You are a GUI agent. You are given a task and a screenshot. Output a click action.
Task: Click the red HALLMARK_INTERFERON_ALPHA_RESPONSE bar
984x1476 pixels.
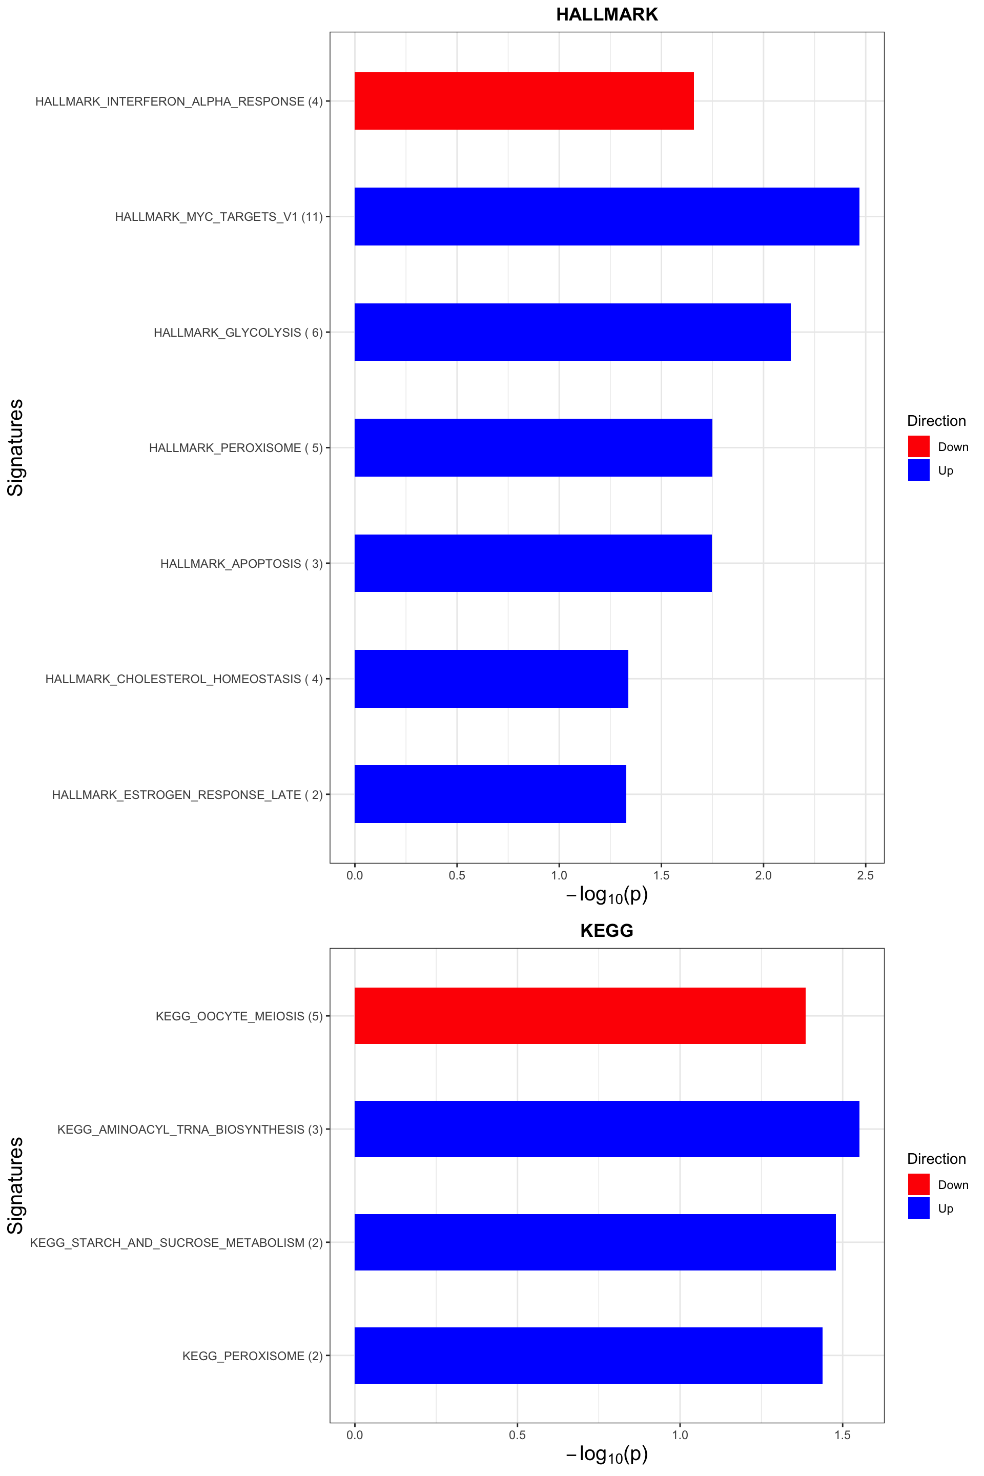524,101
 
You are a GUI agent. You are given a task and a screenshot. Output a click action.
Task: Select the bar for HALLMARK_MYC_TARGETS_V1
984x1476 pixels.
606,216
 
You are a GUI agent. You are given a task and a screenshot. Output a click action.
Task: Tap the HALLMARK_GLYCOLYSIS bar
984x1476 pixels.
572,332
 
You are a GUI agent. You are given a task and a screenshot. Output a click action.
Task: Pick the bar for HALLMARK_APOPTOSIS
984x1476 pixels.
533,563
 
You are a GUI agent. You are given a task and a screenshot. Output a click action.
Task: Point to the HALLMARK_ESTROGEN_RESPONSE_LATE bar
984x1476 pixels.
490,794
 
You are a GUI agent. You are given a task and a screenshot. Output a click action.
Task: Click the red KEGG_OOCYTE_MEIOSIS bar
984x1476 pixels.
580,1016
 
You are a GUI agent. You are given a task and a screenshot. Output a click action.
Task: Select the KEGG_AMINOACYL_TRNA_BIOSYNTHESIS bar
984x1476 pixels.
606,1129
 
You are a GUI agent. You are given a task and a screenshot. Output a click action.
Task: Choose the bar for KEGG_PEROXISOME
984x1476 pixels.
588,1356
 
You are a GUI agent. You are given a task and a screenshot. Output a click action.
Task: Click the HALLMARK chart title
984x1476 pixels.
607,14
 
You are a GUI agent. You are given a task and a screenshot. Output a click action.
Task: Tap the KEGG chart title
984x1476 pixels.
607,931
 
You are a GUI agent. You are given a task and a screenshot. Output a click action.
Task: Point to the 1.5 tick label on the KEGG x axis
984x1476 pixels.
842,1434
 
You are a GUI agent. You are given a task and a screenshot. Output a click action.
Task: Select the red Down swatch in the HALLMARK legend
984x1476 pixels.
918,447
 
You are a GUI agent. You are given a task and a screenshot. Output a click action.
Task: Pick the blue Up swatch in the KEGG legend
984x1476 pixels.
918,1208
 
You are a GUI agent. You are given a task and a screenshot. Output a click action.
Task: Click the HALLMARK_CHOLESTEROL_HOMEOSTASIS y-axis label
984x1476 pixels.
184,679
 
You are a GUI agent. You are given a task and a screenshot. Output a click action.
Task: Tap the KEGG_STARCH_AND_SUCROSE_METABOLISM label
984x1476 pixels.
176,1242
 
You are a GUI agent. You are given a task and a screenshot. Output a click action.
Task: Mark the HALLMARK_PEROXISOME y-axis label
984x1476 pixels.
236,448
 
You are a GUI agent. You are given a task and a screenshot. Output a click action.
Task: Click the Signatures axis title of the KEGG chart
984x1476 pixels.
15,1185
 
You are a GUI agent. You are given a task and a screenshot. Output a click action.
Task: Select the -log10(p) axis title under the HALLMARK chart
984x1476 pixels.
607,895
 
